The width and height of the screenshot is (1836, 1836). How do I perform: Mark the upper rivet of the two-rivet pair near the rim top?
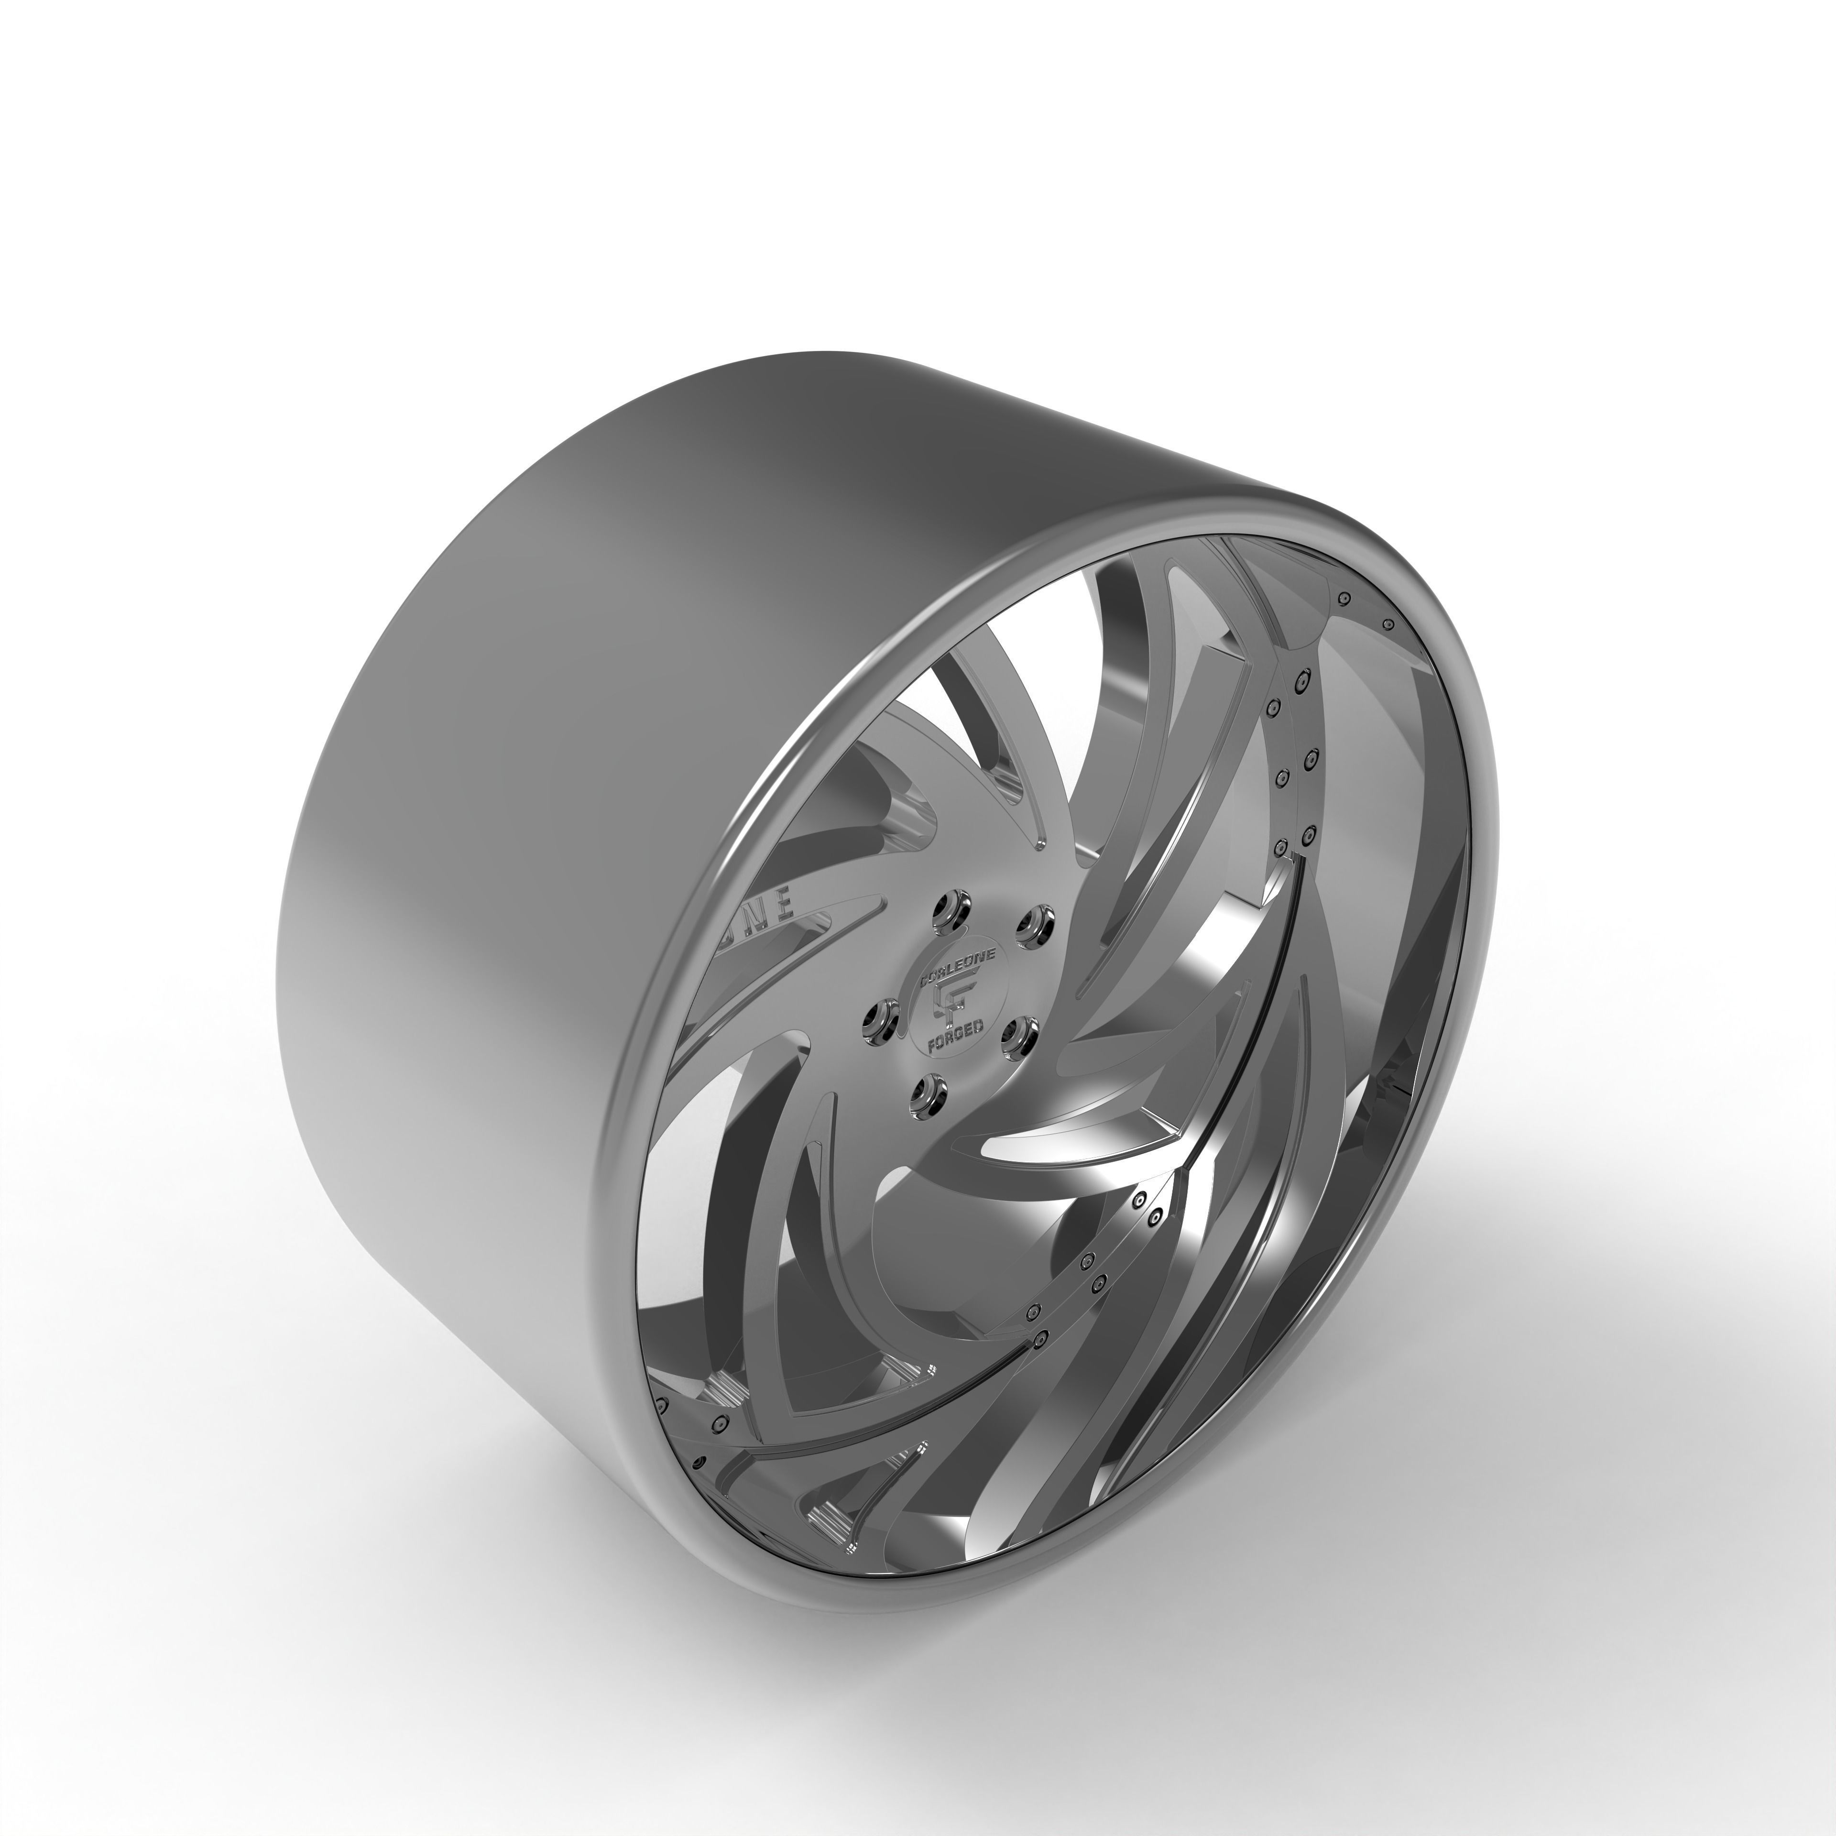pos(1344,598)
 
